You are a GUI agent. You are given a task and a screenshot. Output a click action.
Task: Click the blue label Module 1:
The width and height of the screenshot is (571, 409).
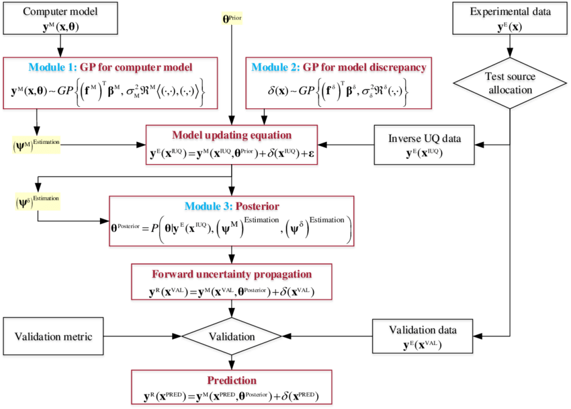coord(52,68)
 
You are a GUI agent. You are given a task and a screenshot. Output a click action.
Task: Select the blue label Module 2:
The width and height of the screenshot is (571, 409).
coord(275,68)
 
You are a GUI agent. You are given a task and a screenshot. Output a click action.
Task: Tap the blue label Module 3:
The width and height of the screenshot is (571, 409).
coord(208,207)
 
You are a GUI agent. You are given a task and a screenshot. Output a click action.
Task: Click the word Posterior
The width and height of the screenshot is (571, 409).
coord(257,207)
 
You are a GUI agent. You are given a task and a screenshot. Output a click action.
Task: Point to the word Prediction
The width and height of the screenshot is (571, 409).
coord(232,381)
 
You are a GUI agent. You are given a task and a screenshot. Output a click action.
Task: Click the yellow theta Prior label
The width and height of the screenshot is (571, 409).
coord(232,19)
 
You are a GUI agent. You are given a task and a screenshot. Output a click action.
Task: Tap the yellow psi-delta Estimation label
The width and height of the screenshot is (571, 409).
coord(38,201)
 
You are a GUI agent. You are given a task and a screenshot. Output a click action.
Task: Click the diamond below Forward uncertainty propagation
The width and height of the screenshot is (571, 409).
coord(232,337)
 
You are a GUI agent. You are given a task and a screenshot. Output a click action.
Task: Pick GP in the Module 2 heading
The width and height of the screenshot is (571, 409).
coord(310,68)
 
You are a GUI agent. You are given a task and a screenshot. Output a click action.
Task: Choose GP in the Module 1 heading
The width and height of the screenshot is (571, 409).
coord(87,68)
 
